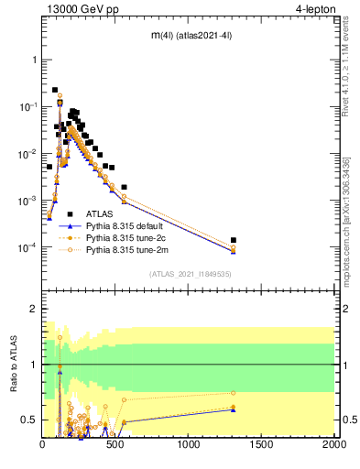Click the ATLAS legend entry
[x=100, y=213]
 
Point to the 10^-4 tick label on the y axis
[x=28, y=248]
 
